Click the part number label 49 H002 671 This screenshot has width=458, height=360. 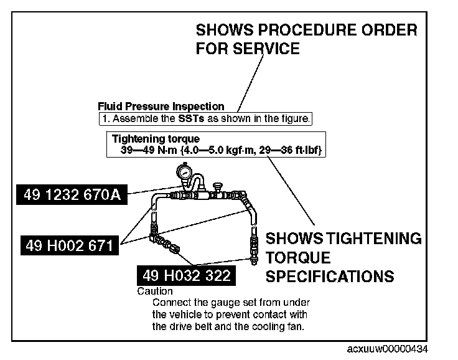pos(69,245)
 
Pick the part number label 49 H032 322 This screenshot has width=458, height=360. pos(186,275)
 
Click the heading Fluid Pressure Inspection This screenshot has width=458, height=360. pos(161,107)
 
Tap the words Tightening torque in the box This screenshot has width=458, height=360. pos(156,140)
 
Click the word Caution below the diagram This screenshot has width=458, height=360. pos(155,291)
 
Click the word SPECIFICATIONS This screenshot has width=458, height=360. pos(330,276)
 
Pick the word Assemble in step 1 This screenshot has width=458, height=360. pos(132,118)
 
